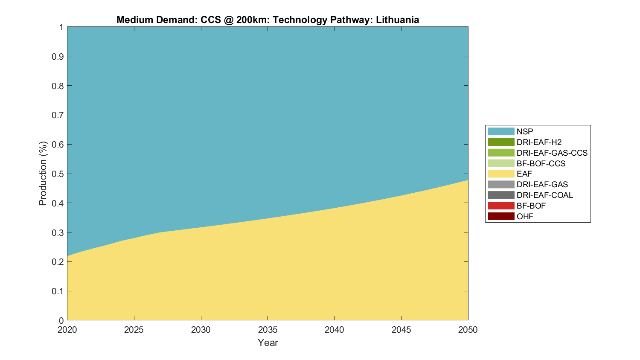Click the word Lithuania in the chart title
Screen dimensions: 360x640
point(397,20)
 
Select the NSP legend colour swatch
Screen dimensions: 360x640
point(501,131)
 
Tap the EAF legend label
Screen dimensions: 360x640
point(524,174)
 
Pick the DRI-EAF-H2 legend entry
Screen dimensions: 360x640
point(539,142)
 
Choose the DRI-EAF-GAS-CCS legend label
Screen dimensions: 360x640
point(552,153)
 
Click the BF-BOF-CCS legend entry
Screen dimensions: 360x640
point(541,163)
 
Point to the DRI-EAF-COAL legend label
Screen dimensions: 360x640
point(544,195)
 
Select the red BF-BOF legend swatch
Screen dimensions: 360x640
point(501,206)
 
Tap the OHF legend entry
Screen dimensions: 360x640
point(525,216)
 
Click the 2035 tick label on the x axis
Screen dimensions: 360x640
point(268,330)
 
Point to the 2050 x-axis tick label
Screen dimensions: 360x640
point(468,330)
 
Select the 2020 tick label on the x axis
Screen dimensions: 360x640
point(67,330)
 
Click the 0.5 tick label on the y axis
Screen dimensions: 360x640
point(58,174)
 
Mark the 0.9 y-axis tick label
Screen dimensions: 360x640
point(58,57)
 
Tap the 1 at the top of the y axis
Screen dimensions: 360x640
point(61,27)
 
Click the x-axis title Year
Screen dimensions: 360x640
point(268,343)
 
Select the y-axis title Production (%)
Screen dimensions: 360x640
point(43,174)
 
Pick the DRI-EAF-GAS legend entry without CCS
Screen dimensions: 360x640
point(542,185)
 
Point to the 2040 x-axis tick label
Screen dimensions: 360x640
point(335,330)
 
